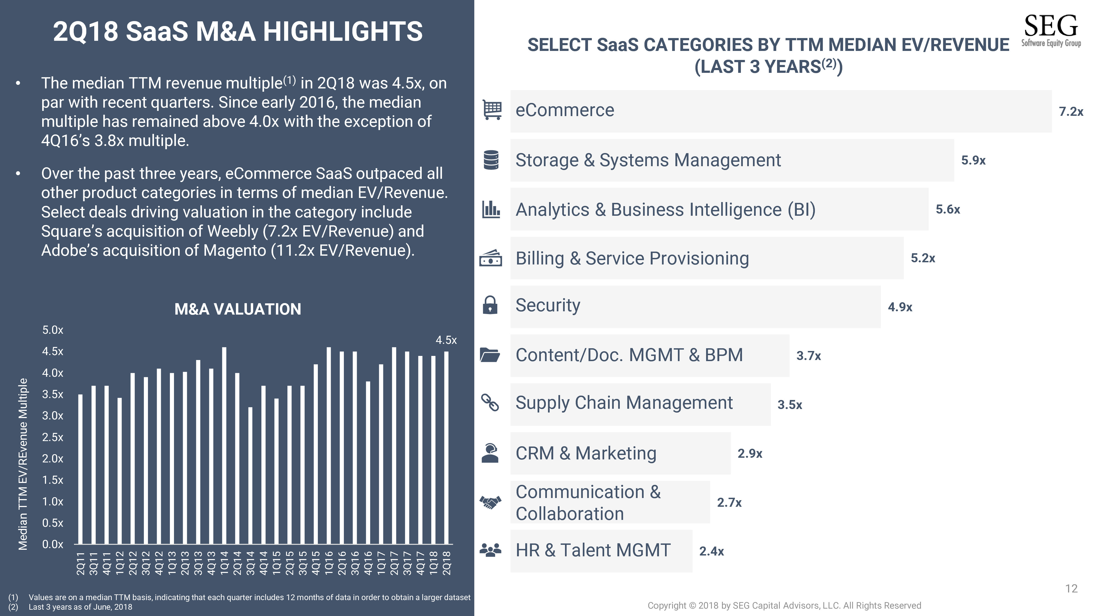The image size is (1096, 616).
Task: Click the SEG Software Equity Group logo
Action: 1051,31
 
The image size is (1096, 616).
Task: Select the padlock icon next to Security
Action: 490,305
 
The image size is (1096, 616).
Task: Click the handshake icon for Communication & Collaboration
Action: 490,502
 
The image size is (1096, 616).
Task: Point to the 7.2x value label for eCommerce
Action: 1071,111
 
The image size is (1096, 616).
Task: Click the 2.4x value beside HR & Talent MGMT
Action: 711,551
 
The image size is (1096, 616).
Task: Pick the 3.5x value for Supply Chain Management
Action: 790,405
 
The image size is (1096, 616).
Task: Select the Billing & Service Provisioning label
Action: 632,258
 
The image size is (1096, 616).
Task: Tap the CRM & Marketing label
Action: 586,453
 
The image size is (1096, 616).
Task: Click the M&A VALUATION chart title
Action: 238,309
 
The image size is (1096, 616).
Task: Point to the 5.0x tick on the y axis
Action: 53,330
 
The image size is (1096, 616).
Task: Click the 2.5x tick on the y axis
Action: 53,437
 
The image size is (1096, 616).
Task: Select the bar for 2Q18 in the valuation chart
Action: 446,448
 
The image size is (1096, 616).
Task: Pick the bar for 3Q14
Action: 250,476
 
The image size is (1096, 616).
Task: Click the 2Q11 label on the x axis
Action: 80,563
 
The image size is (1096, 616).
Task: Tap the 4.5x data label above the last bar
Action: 446,340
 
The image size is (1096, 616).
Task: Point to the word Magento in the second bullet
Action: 235,251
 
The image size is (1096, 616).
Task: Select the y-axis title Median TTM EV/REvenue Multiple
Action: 23,464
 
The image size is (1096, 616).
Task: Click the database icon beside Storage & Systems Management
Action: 491,160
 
